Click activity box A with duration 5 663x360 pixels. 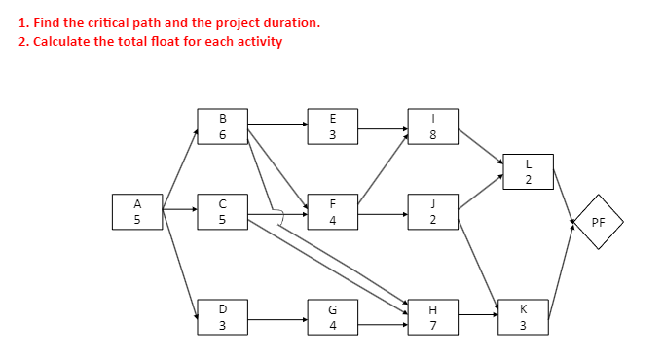[x=137, y=212]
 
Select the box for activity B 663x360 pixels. [x=223, y=126]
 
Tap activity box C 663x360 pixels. [x=223, y=212]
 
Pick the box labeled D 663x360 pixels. [x=223, y=318]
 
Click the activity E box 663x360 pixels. [x=333, y=126]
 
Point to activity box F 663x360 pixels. [x=333, y=212]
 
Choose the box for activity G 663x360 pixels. [x=333, y=318]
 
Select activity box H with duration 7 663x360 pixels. [x=432, y=318]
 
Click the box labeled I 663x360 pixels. [x=432, y=126]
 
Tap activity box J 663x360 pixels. [x=432, y=212]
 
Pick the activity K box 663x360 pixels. [x=523, y=318]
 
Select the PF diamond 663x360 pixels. [x=598, y=222]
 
